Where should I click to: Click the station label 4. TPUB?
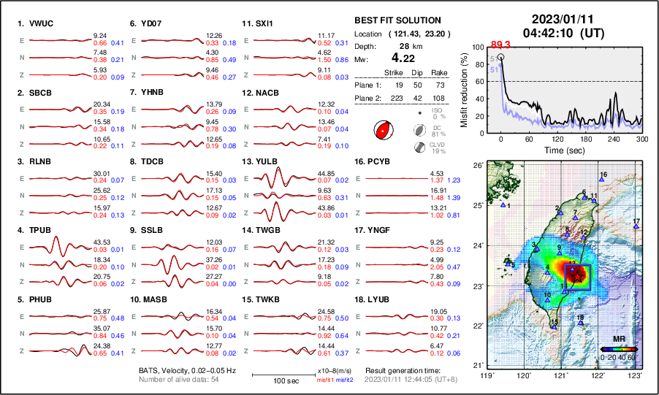[35, 231]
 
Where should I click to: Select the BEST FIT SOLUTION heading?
[397, 20]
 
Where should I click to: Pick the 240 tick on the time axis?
[614, 139]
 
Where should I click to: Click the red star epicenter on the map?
[577, 275]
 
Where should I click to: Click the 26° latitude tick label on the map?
[476, 165]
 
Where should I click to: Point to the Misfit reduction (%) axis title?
[463, 90]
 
